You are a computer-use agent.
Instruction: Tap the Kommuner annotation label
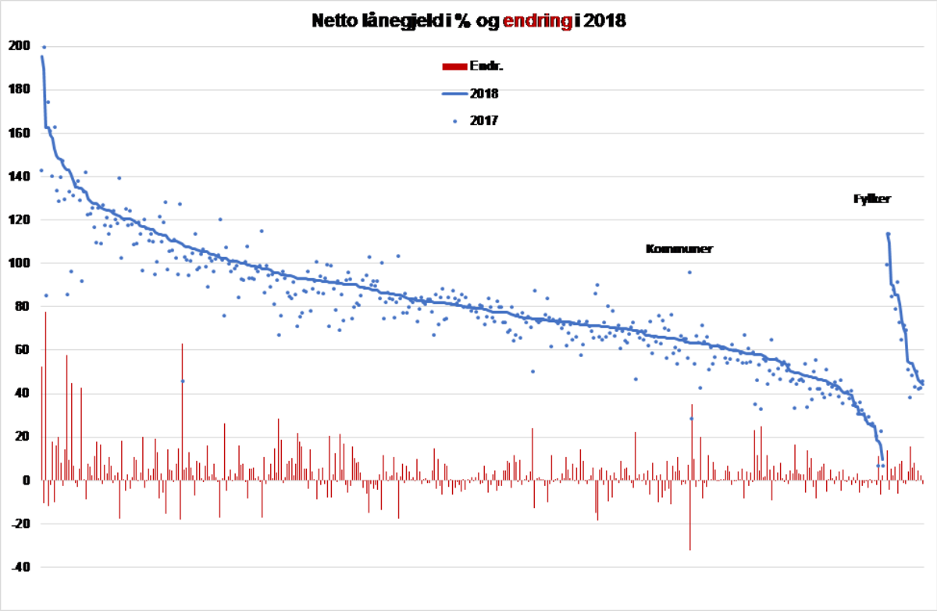pyautogui.click(x=679, y=249)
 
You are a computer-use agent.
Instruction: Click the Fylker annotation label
pyautogui.click(x=872, y=199)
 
